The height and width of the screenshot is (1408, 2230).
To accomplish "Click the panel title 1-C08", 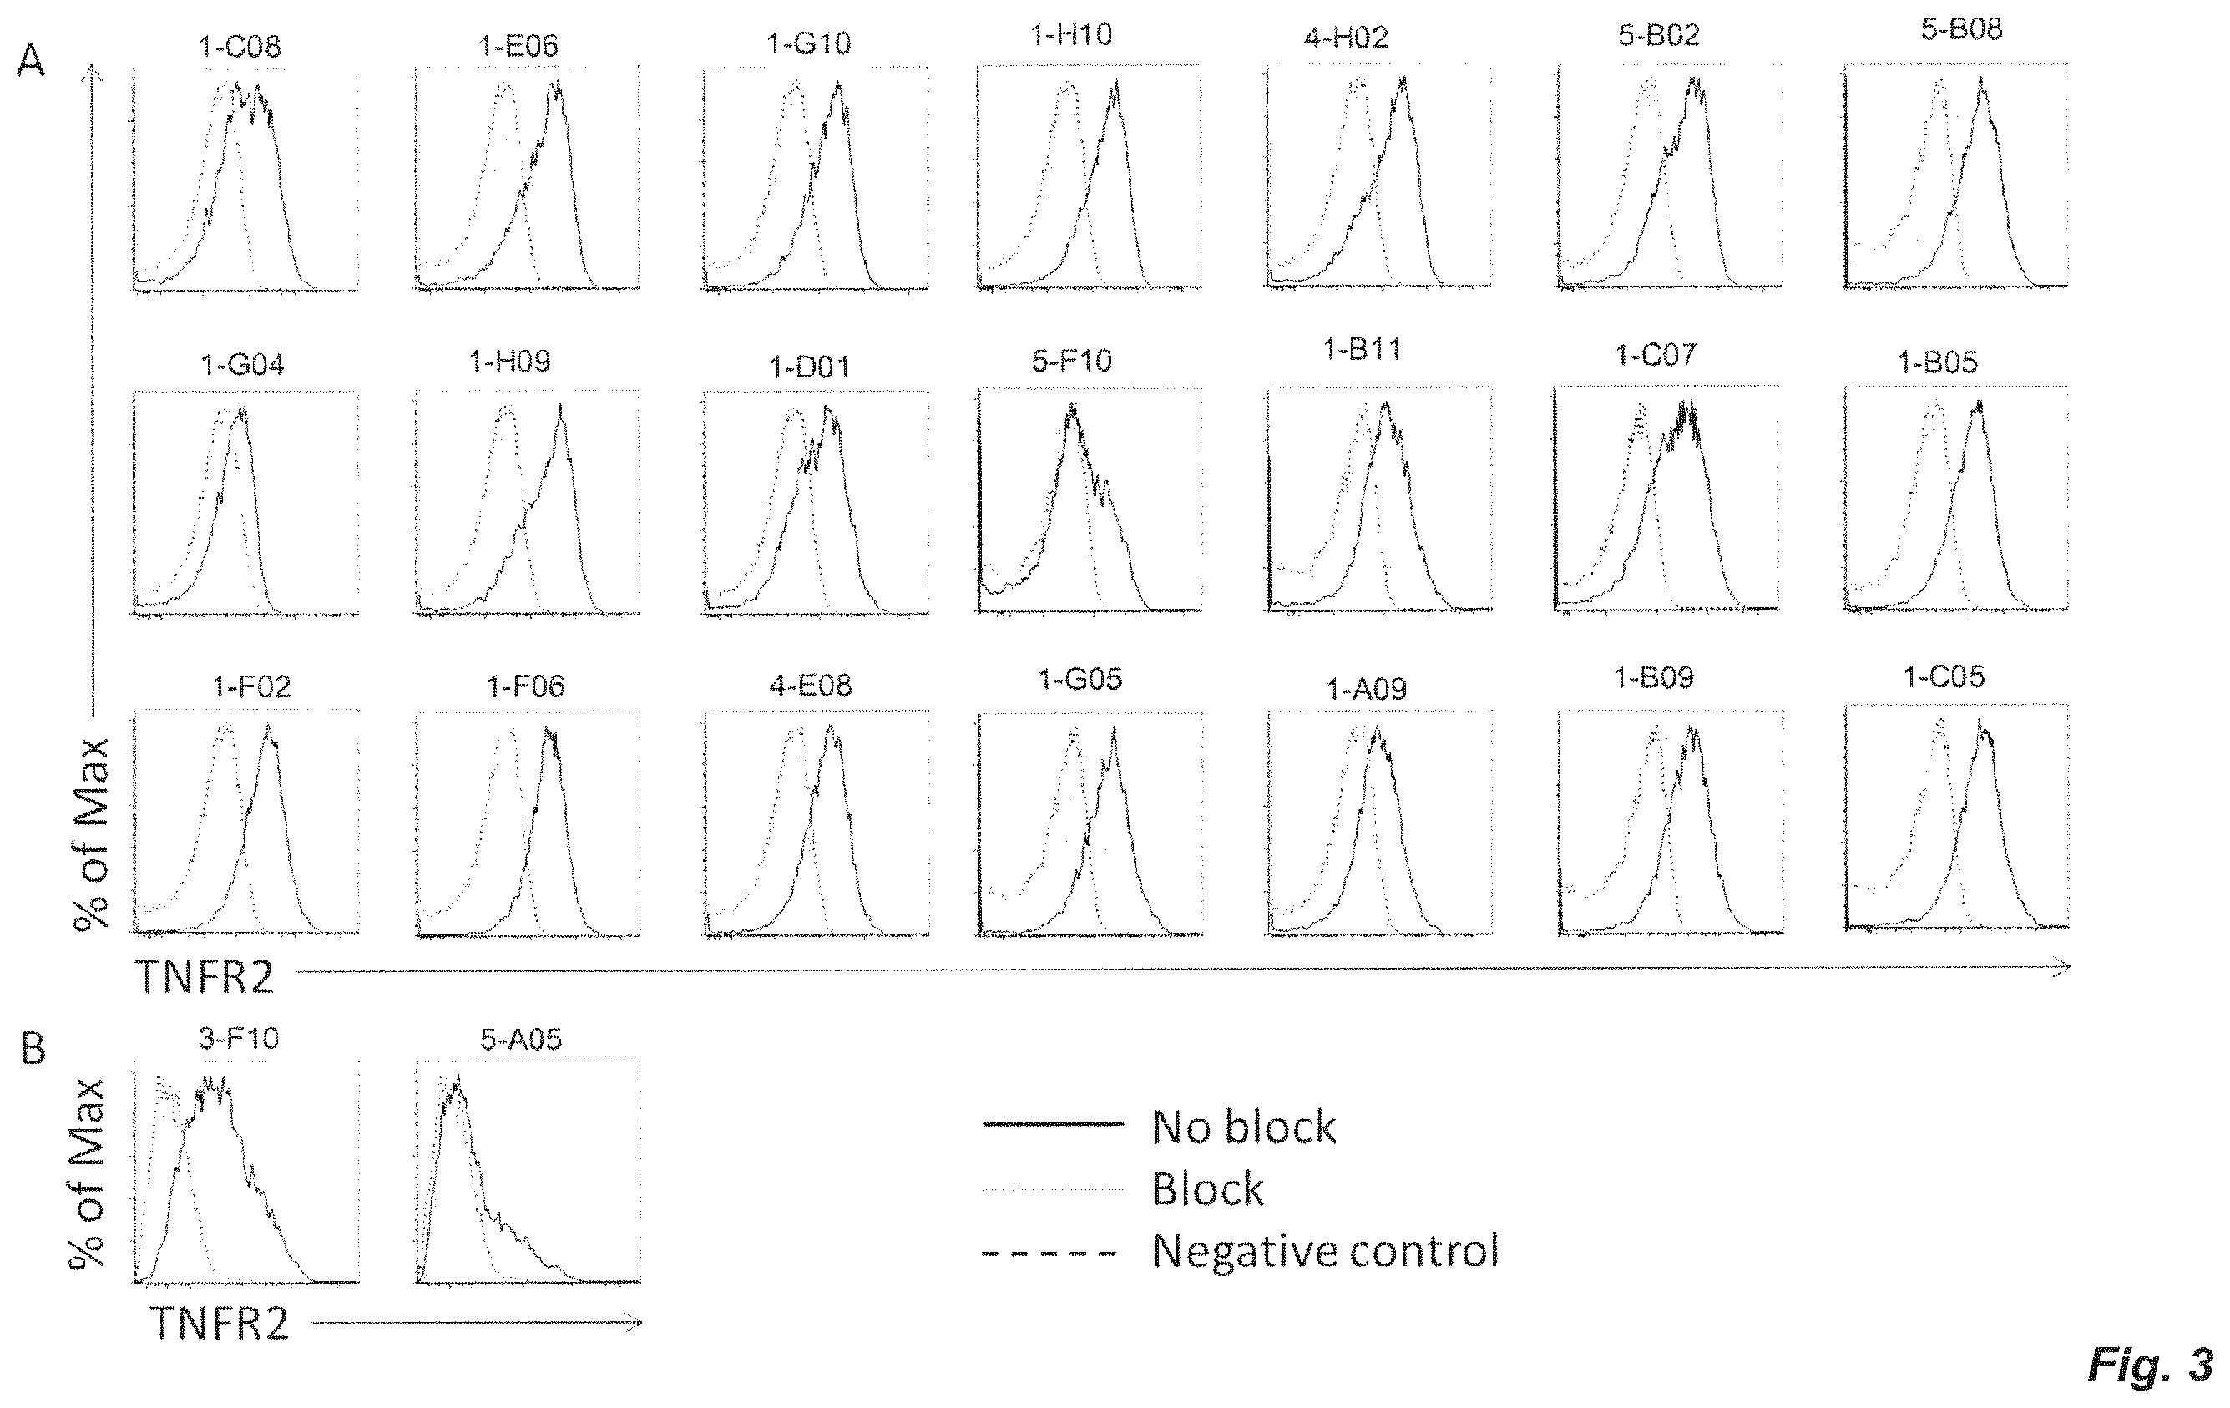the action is [x=240, y=46].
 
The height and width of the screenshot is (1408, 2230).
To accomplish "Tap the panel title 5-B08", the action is [x=1961, y=29].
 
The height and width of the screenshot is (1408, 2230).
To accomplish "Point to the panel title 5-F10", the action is [x=1071, y=360].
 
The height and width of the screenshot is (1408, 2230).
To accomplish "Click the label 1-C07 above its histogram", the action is [x=1655, y=354].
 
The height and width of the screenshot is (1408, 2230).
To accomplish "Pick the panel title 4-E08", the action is [x=811, y=686].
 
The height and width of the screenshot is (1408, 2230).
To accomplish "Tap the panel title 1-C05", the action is [x=1944, y=677].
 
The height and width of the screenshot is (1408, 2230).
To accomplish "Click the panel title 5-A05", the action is [x=520, y=1040].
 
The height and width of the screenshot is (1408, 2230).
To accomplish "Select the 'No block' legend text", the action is [x=1244, y=1127].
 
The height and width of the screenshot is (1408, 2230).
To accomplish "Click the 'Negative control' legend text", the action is [x=1325, y=1250].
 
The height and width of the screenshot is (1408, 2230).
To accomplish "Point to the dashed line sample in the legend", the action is [x=1050, y=1254].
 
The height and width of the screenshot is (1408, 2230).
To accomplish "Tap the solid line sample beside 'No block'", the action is [x=1053, y=1123].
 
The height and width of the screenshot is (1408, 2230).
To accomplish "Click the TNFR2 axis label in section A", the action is [x=205, y=976].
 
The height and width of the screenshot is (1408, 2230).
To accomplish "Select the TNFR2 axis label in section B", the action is [x=220, y=1324].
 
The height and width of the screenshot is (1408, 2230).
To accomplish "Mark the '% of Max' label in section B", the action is [x=88, y=1172].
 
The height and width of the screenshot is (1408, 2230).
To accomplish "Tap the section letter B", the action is [x=33, y=1049].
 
